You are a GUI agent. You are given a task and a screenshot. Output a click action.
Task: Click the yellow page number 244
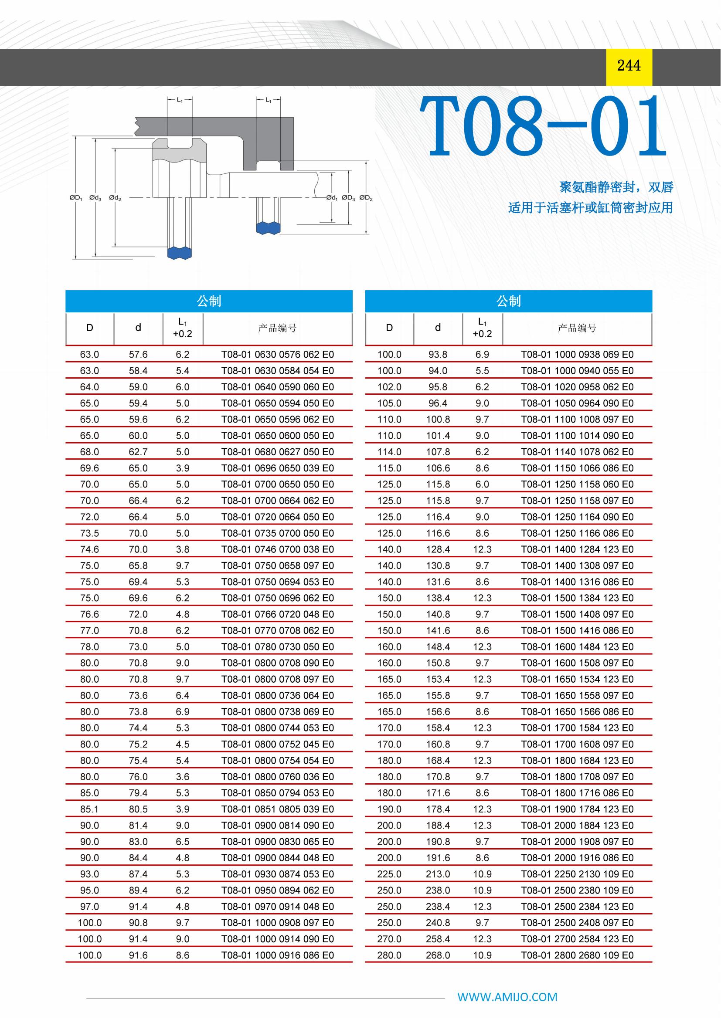629,66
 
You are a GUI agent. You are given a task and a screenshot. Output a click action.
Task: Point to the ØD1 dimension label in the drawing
76,198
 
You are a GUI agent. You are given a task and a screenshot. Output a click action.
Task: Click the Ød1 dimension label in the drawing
332,198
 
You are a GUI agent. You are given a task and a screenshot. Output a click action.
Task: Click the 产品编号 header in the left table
278,328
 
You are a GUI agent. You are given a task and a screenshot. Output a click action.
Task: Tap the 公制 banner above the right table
508,301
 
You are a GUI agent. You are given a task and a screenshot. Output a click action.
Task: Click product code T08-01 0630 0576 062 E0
278,355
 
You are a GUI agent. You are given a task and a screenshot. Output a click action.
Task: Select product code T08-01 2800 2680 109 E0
577,955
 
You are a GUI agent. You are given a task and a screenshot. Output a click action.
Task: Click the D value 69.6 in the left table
90,468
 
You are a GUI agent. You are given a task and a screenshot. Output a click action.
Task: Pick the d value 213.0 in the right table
438,874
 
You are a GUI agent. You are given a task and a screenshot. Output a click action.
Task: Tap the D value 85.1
90,809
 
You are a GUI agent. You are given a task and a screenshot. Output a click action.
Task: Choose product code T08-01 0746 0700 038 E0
278,549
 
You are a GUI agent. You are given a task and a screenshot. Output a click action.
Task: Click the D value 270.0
389,939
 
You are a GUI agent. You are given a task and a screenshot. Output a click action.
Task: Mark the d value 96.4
438,403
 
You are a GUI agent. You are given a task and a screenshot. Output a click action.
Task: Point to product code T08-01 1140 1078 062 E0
577,452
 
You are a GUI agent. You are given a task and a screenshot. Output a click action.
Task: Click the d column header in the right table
438,328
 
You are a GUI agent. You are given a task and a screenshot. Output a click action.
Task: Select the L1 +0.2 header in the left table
183,328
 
